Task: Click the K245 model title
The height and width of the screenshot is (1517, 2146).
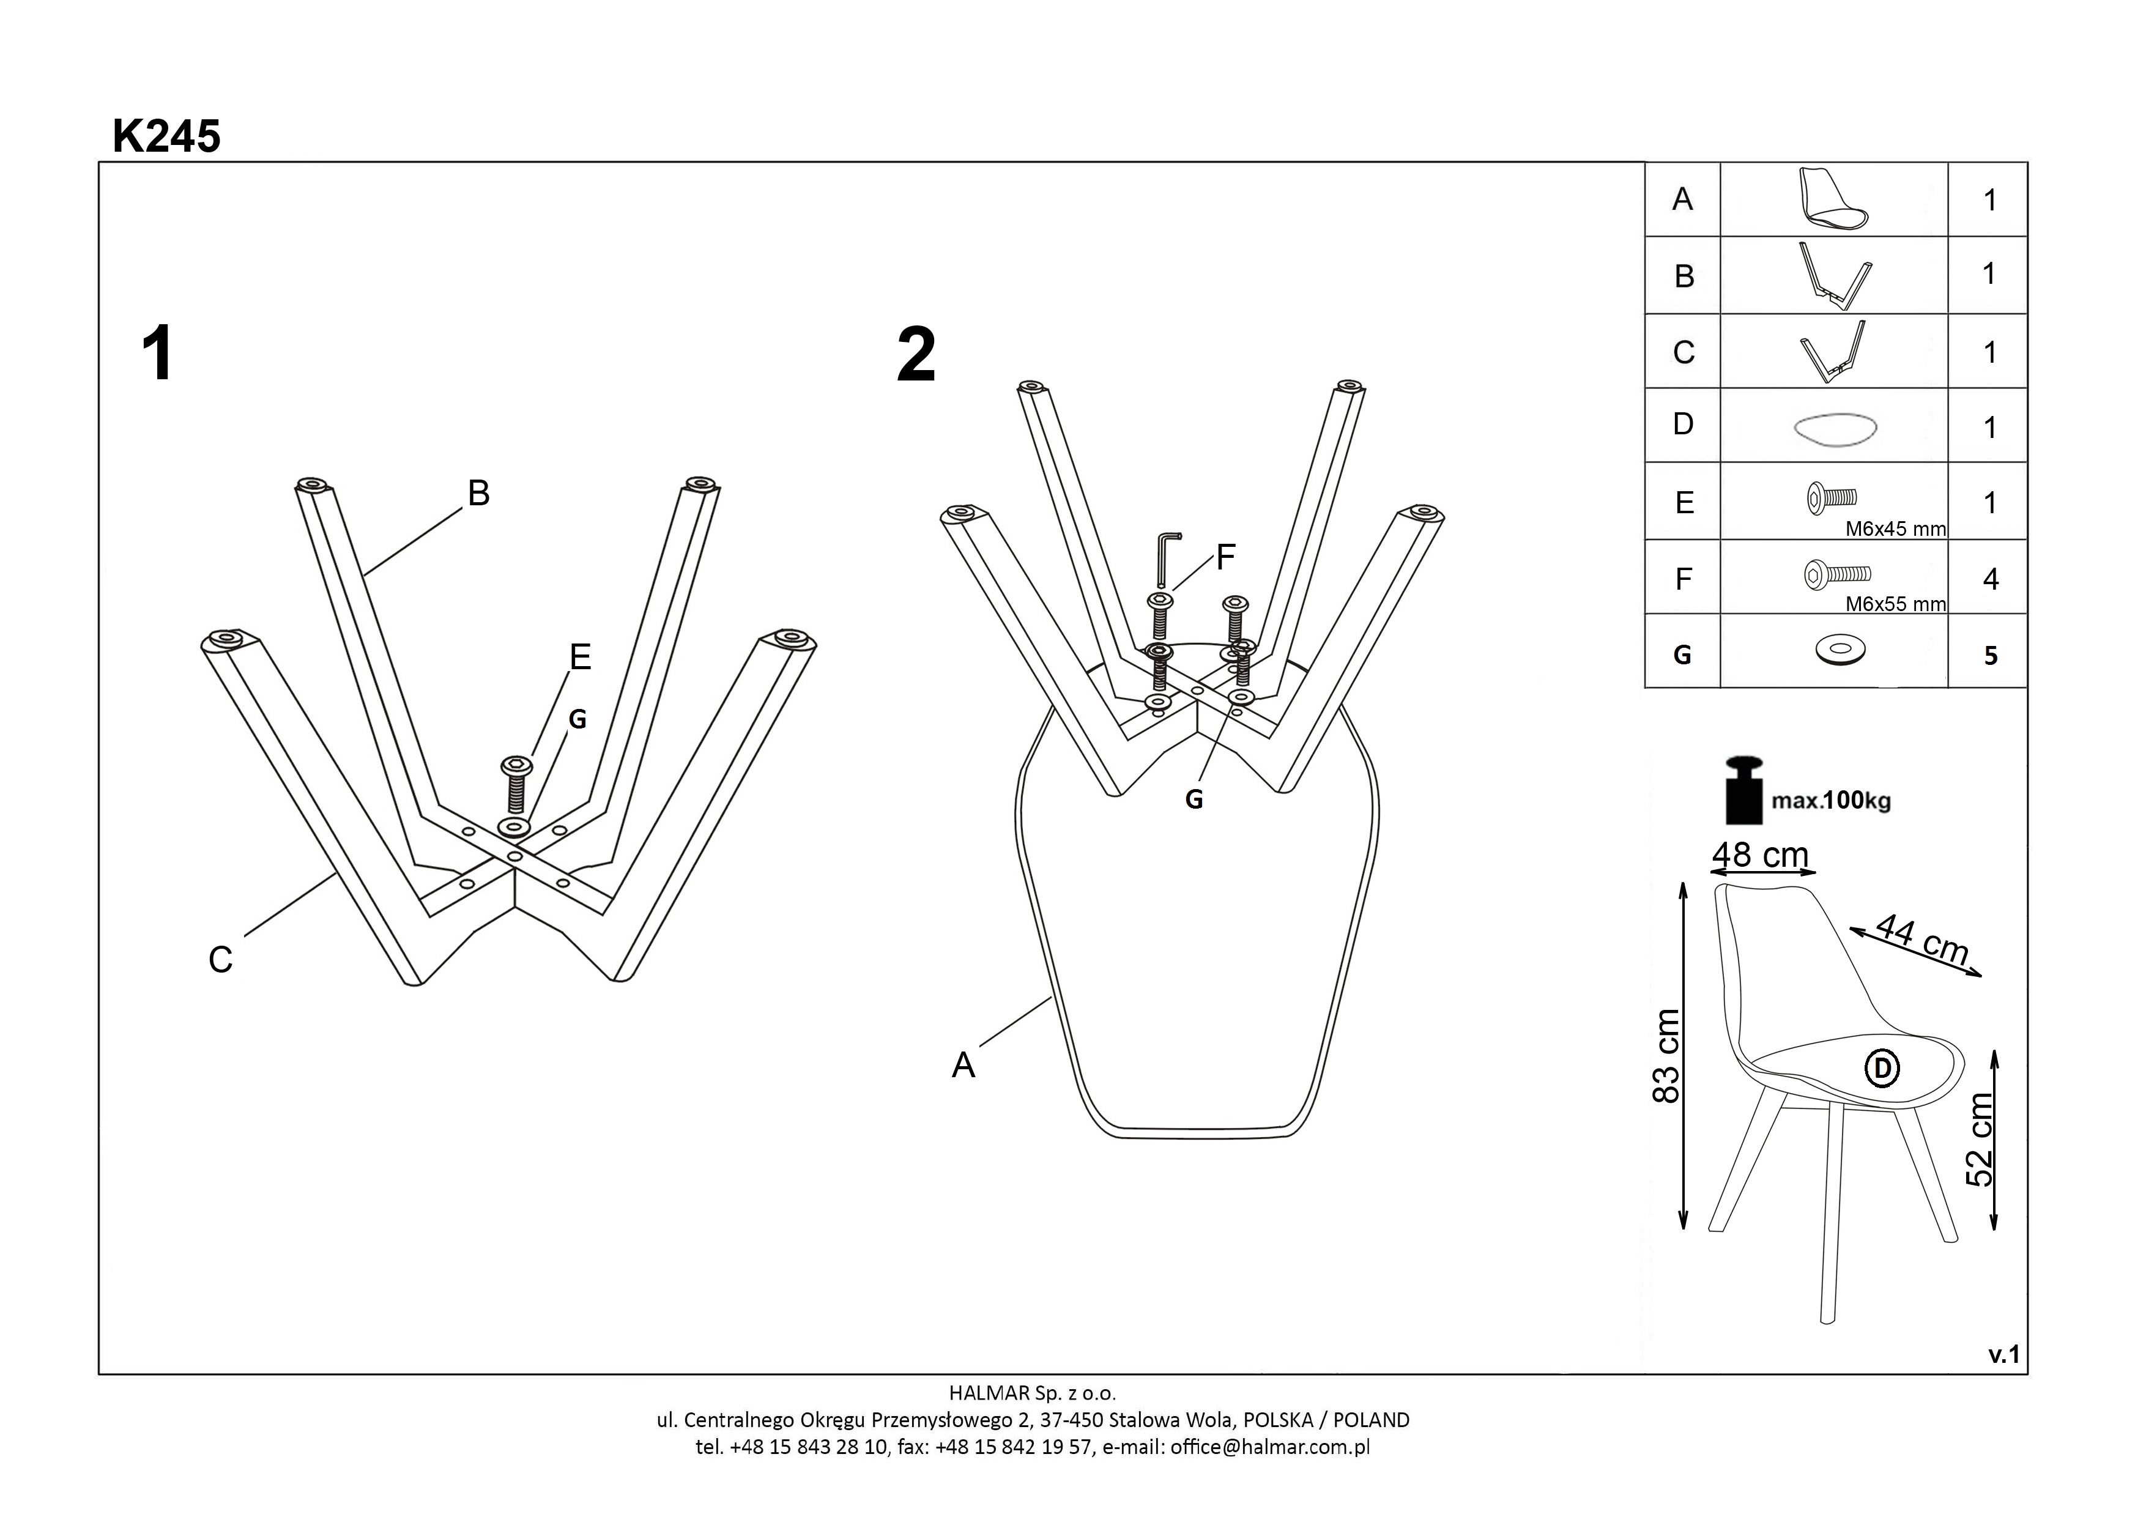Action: pyautogui.click(x=166, y=136)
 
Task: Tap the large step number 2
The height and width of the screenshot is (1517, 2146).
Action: pyautogui.click(x=915, y=355)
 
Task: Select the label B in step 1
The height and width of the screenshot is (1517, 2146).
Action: pyautogui.click(x=478, y=492)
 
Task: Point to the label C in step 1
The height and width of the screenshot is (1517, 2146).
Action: pyautogui.click(x=221, y=960)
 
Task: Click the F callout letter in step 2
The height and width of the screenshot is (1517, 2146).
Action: pyautogui.click(x=1225, y=557)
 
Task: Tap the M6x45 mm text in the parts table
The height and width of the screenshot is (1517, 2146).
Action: pyautogui.click(x=1895, y=529)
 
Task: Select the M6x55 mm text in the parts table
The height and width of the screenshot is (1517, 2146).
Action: pyautogui.click(x=1895, y=605)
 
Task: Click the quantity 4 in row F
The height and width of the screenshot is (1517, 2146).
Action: pyautogui.click(x=1990, y=579)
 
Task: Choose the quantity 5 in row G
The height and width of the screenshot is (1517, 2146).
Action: pyautogui.click(x=1990, y=655)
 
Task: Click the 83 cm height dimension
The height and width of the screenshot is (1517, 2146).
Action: pyautogui.click(x=1666, y=1056)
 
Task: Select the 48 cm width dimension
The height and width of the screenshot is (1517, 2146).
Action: pyautogui.click(x=1760, y=855)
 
